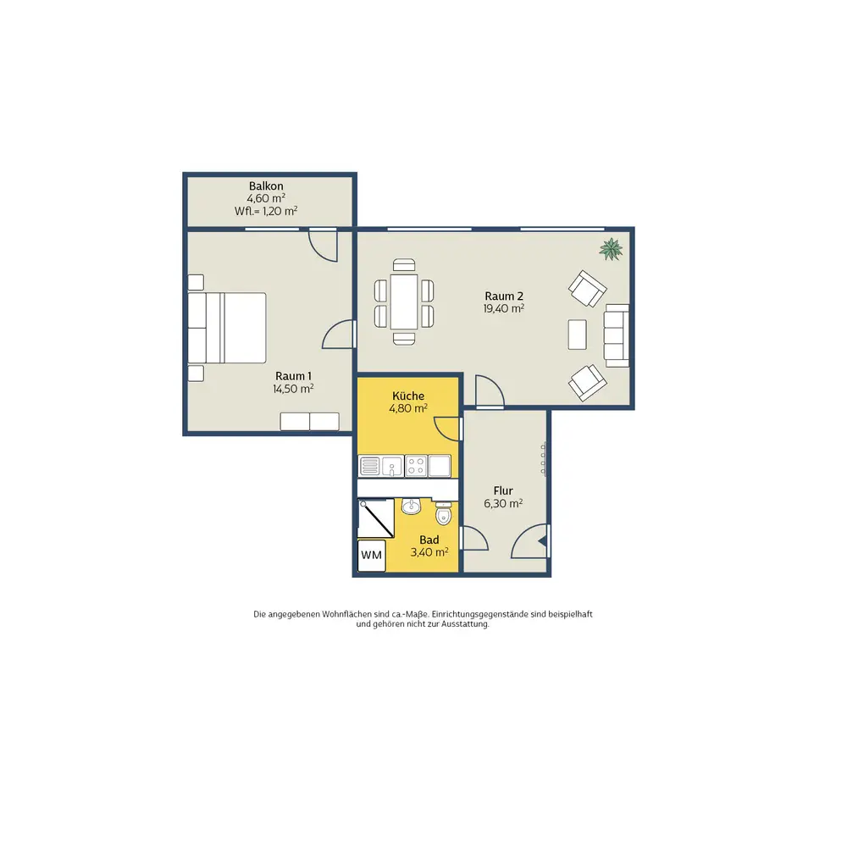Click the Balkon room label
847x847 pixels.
[266, 185]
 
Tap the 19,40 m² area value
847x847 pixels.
[503, 308]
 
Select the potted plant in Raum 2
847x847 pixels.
[611, 249]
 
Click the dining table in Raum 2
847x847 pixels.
[404, 302]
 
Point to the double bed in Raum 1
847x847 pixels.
[227, 328]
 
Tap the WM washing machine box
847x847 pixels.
[372, 556]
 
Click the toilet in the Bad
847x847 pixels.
[444, 513]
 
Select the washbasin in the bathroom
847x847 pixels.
[412, 506]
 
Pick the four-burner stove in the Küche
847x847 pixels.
[416, 466]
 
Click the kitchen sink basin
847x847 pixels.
[392, 466]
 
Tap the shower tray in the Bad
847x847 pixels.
[376, 518]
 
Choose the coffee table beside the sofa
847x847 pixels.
[578, 335]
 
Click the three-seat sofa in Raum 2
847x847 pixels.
[617, 335]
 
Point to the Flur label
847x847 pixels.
[503, 490]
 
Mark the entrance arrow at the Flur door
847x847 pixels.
[543, 541]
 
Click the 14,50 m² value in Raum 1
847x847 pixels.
[293, 389]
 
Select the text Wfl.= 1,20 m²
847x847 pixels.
[266, 211]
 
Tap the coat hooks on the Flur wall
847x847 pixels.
[544, 459]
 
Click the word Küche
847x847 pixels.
[408, 396]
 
